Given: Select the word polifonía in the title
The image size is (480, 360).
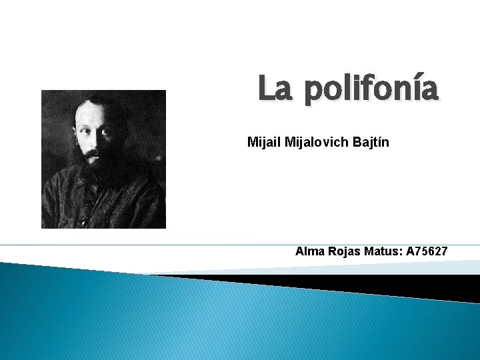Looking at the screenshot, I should coord(371,90).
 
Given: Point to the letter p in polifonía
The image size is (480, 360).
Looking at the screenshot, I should coord(314,93).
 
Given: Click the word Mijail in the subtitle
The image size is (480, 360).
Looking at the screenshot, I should coord(262,142).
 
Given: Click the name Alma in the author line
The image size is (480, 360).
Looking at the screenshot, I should coord(309,251).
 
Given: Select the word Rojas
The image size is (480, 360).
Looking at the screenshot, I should coord(343,251).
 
